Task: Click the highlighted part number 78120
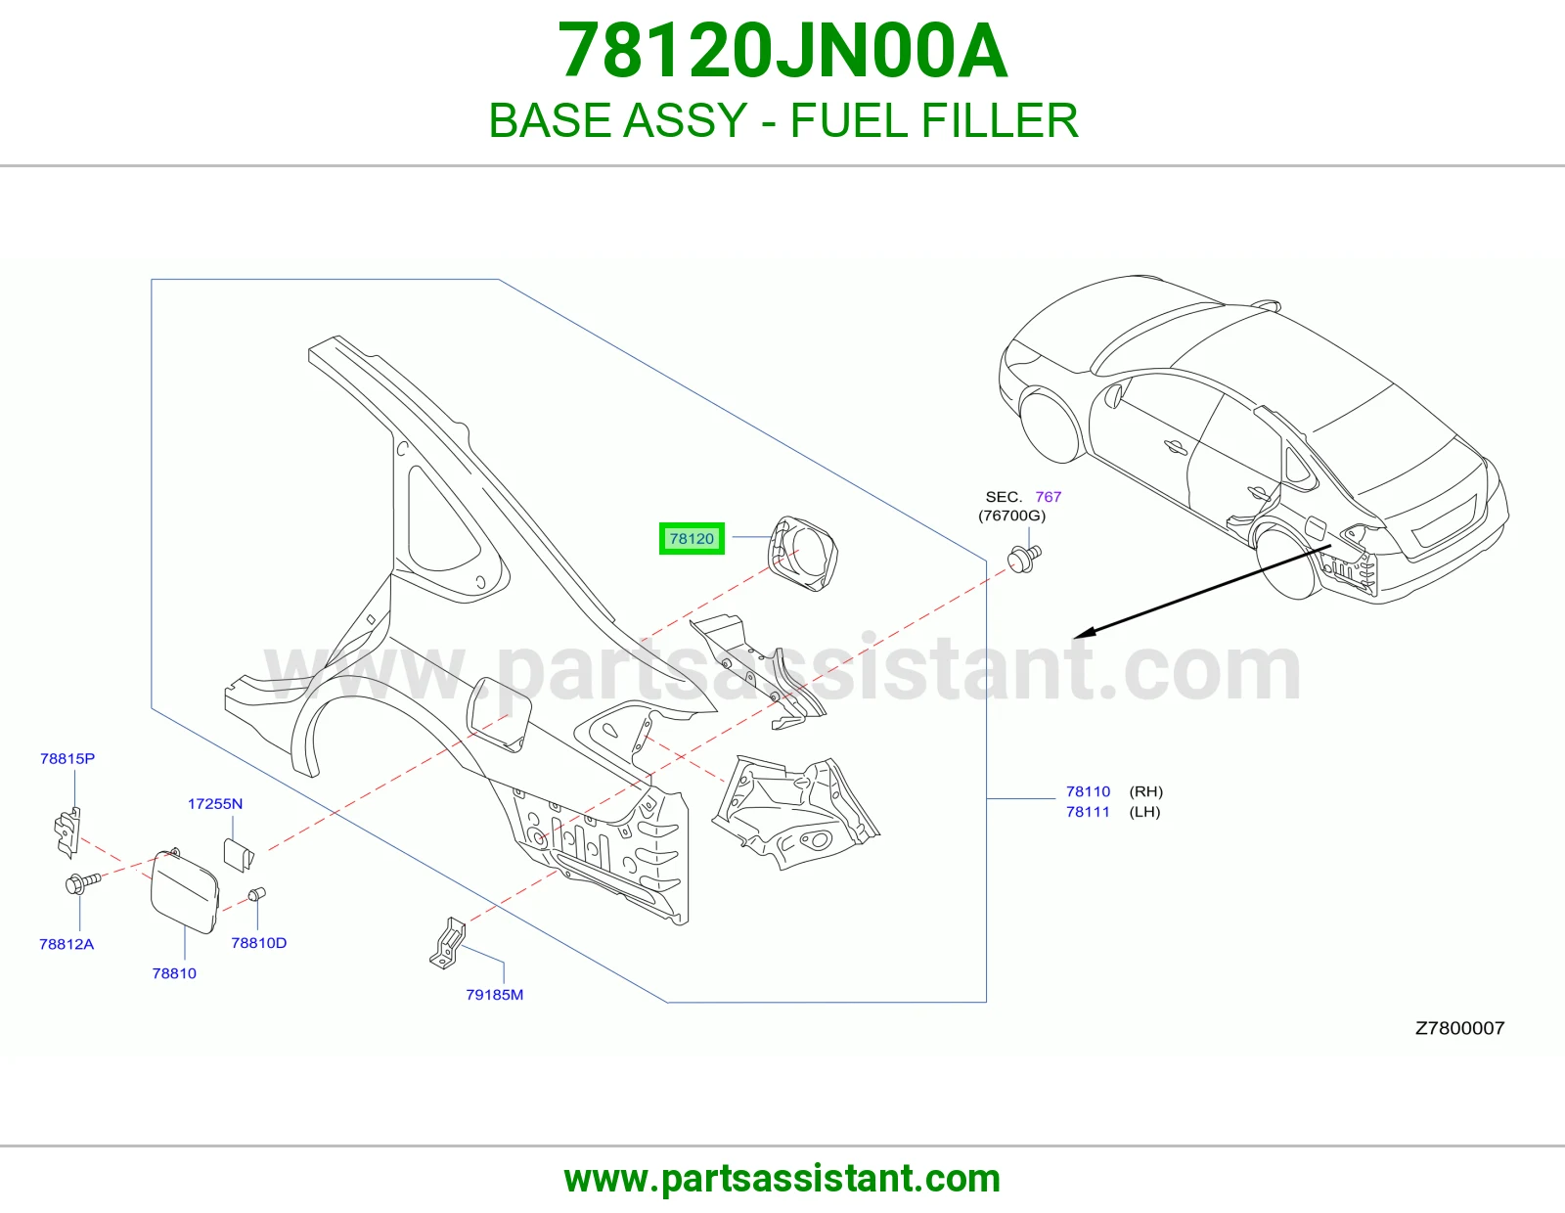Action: point(692,539)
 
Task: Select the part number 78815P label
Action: point(67,758)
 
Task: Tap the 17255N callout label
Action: point(215,804)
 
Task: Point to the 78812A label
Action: point(67,944)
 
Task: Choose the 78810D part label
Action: point(259,943)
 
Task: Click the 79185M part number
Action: point(495,995)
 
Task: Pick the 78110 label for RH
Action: point(1089,791)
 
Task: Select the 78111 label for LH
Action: point(1089,812)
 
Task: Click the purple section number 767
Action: point(1049,497)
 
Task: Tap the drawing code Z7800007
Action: point(1459,1028)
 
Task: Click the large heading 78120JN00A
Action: point(782,51)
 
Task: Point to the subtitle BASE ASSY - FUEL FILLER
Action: point(783,120)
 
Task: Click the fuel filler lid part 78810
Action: point(184,892)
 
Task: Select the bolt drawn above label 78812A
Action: point(82,882)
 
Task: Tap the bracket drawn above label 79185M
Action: point(448,943)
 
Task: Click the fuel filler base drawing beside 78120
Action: point(802,554)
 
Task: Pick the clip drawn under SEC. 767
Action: point(1025,559)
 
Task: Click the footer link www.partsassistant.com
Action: point(782,1179)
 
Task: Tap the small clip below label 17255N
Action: point(239,855)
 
